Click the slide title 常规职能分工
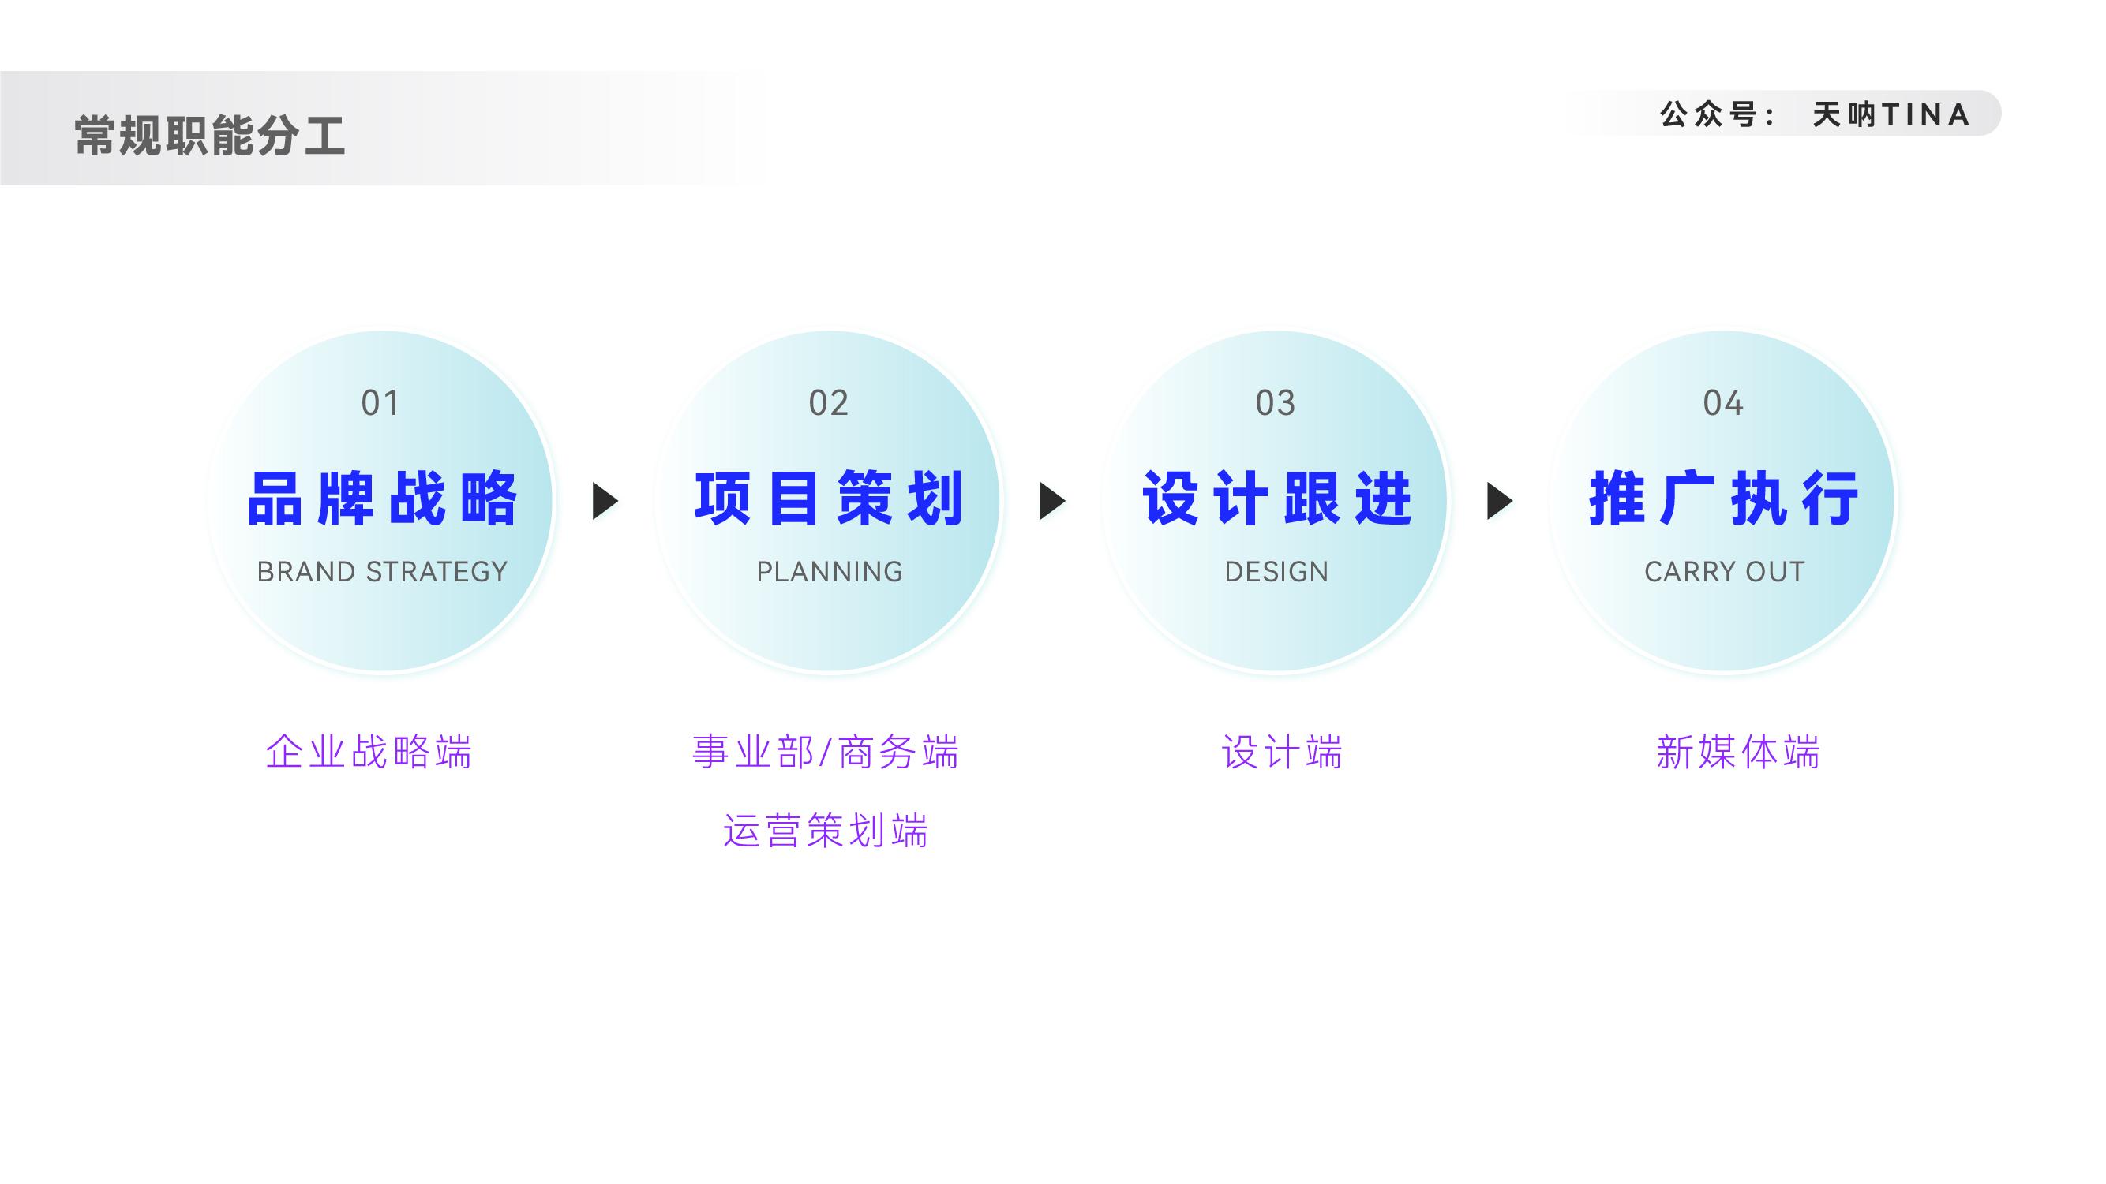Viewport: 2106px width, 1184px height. coord(210,135)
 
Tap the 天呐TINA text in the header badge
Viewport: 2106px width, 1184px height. coord(1891,114)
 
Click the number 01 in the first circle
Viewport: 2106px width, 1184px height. coord(380,403)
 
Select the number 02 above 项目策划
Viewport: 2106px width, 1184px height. coord(828,403)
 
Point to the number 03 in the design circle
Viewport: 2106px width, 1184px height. coord(1276,403)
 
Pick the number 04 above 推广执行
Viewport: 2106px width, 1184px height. coord(1722,403)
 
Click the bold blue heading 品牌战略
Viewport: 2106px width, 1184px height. coord(382,499)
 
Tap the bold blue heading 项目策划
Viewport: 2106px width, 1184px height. coord(829,499)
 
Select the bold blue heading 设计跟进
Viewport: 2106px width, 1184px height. coord(1276,499)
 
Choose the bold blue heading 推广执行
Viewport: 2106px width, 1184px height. coord(1723,499)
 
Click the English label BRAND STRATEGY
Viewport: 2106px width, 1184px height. coord(382,572)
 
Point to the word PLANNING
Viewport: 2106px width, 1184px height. coord(829,572)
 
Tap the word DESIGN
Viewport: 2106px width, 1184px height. coord(1276,572)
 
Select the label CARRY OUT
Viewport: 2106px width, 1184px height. coord(1724,572)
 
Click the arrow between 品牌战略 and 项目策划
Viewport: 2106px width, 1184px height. coord(604,501)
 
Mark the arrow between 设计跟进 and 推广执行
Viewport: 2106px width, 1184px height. coord(1498,501)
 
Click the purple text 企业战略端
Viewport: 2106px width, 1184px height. coord(369,752)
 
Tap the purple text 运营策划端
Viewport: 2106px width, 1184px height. coord(826,831)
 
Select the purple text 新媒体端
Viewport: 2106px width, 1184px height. coord(1738,752)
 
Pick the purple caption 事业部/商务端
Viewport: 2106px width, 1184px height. coord(826,752)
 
